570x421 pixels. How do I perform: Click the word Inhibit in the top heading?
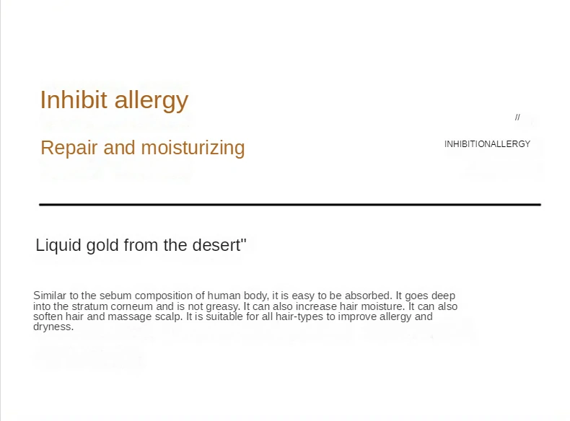[x=74, y=99]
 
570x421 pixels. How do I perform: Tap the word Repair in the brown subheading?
[x=69, y=149]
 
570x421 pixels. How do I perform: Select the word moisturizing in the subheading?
[x=193, y=149]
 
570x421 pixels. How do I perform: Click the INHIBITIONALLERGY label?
[x=487, y=144]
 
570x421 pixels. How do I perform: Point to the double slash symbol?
[x=517, y=117]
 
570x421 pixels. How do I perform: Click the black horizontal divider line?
[x=290, y=205]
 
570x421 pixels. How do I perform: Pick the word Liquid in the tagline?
[x=59, y=245]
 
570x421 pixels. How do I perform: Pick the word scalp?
[x=169, y=317]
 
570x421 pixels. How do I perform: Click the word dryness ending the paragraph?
[x=53, y=327]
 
